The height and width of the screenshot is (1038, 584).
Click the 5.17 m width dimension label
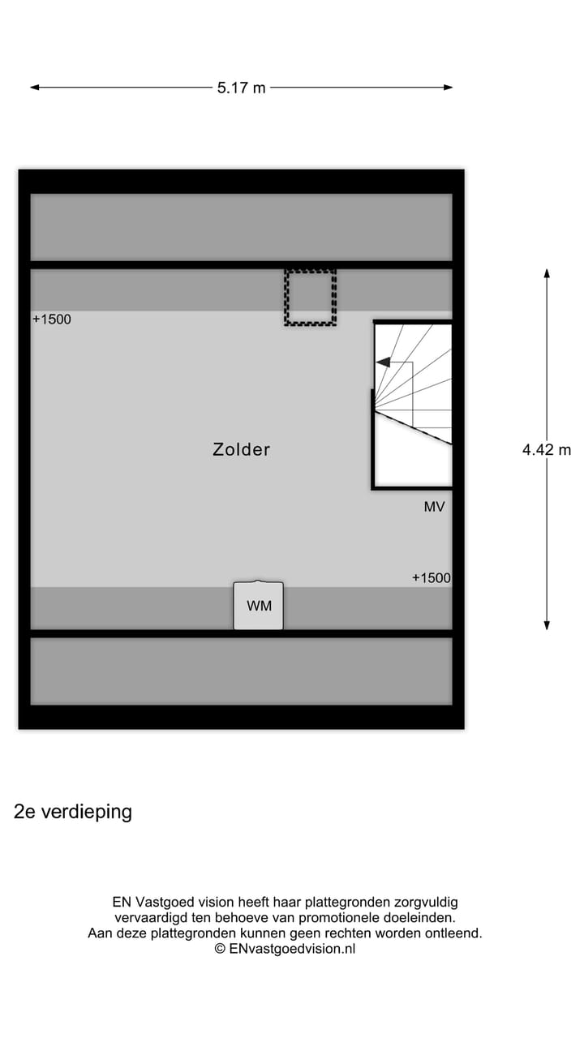[x=241, y=88]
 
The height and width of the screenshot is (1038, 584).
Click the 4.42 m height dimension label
[x=547, y=449]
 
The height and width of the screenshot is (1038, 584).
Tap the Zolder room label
[x=241, y=449]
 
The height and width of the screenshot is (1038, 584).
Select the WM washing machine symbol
[x=259, y=606]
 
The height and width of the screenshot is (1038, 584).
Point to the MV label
[x=434, y=507]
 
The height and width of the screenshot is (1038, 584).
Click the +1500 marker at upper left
[x=52, y=320]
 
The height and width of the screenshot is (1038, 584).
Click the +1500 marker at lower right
[x=431, y=578]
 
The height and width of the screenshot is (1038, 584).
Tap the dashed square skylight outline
[x=310, y=298]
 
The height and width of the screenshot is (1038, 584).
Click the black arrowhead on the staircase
[x=384, y=362]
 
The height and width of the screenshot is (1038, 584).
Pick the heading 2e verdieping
[x=73, y=812]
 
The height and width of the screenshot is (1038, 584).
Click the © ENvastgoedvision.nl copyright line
[x=285, y=948]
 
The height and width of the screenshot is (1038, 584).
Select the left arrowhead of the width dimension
[x=35, y=88]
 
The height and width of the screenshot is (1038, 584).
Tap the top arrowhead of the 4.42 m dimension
[x=547, y=272]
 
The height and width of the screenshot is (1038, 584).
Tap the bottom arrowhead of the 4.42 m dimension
[x=547, y=625]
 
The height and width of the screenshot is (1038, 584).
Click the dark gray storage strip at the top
[x=241, y=227]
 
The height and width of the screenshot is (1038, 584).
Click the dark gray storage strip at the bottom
[x=241, y=671]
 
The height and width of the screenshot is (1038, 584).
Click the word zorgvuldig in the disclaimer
[x=426, y=902]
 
